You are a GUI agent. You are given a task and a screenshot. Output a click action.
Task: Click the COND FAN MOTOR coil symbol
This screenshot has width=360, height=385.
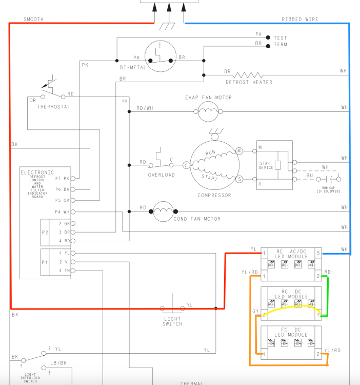click(x=164, y=211)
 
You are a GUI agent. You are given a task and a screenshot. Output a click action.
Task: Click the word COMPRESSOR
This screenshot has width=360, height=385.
click(x=214, y=195)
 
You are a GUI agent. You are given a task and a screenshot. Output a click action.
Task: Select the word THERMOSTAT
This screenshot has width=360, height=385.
click(x=53, y=107)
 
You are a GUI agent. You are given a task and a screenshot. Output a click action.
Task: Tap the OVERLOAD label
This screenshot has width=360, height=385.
click(x=162, y=175)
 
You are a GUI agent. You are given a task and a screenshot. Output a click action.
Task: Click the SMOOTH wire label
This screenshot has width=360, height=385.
click(x=33, y=20)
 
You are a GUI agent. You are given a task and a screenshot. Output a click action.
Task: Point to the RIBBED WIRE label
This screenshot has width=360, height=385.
click(x=299, y=20)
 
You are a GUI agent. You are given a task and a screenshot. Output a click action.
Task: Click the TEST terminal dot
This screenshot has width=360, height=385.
click(x=268, y=38)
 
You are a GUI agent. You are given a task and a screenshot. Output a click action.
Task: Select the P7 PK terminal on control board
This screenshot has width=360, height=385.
click(x=73, y=179)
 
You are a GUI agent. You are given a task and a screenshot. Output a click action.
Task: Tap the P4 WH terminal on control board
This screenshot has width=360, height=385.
click(x=73, y=211)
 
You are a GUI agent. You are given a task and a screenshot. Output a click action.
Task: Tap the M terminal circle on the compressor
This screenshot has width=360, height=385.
click(x=239, y=151)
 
